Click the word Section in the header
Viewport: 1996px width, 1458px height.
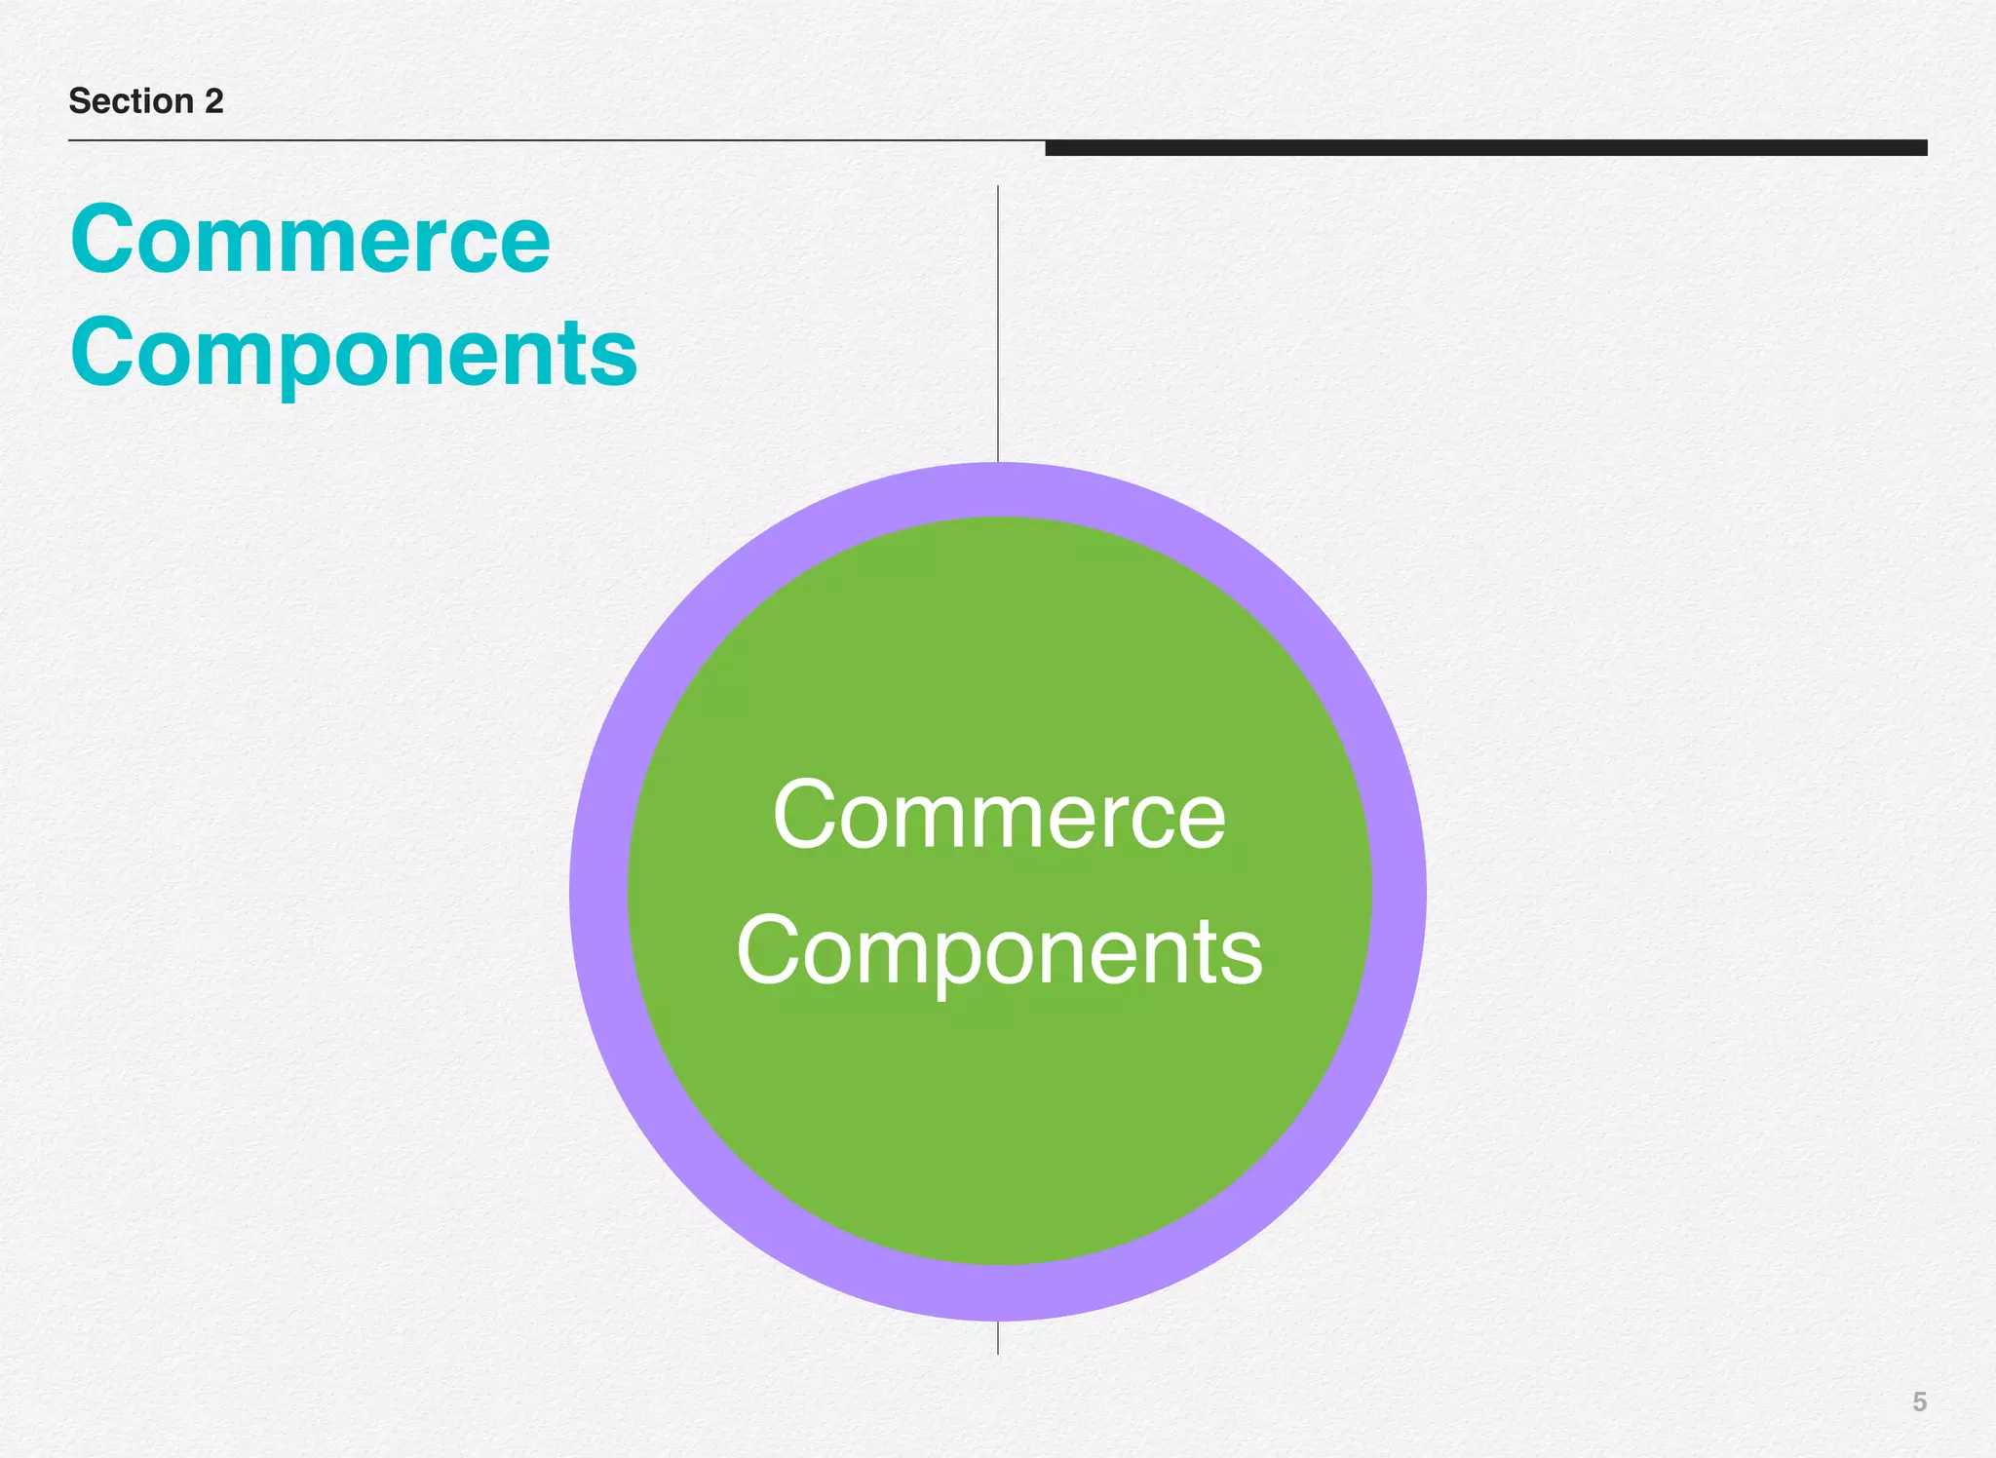[x=131, y=101]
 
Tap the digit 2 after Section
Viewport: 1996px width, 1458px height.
[x=213, y=101]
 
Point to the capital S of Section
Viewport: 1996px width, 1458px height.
[x=79, y=101]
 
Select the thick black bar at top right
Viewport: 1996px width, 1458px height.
[x=1485, y=148]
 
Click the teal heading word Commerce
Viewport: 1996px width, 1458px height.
[x=310, y=240]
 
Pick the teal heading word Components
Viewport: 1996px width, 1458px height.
[x=353, y=353]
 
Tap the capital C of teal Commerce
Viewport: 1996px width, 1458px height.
[x=105, y=240]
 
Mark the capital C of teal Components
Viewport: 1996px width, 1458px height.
[x=105, y=353]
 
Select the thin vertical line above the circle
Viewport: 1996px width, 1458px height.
[x=998, y=322]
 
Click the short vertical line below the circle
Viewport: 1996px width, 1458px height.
[x=998, y=1338]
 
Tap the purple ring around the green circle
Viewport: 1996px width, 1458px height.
[x=598, y=892]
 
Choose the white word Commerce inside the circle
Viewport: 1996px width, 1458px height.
[x=999, y=816]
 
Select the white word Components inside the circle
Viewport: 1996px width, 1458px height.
[x=999, y=952]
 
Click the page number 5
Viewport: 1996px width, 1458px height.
[x=1919, y=1401]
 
